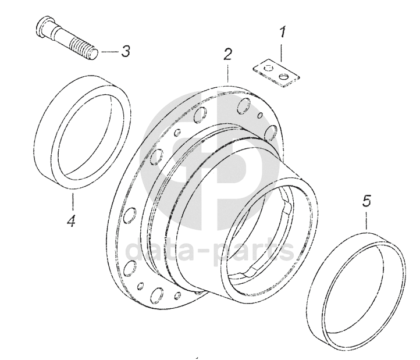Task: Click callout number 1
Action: (282, 33)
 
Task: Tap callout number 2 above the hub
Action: (227, 54)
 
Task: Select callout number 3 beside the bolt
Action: (126, 51)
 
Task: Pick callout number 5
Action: (366, 201)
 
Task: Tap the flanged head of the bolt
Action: (44, 27)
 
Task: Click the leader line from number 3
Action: (110, 51)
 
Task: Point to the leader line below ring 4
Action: (72, 201)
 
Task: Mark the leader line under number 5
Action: (366, 221)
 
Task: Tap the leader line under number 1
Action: (282, 52)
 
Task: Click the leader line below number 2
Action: (227, 72)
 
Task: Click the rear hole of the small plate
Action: (268, 68)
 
